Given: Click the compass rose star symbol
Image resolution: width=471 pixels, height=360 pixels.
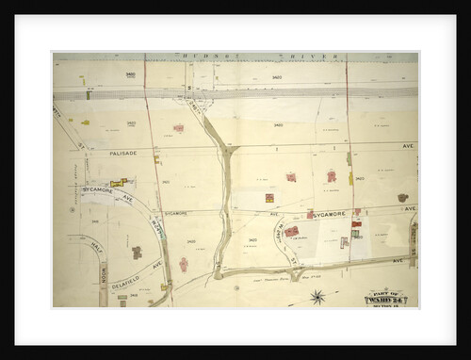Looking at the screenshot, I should point(317,298).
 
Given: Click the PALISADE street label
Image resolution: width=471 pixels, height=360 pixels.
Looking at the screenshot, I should point(122,153).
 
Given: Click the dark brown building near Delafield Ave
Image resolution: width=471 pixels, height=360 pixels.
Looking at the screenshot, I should point(137,253).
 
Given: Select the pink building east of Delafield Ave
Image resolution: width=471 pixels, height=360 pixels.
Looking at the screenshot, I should point(184,265).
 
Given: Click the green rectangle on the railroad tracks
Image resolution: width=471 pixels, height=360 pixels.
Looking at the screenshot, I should point(89,94).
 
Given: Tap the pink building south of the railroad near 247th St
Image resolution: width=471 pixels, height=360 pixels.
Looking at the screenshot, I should point(178,128).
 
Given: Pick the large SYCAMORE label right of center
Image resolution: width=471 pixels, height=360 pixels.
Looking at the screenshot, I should point(330,215).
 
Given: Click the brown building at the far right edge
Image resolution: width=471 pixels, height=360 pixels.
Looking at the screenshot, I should point(403,198).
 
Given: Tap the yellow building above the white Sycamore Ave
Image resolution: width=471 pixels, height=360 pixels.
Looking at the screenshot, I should point(118,182).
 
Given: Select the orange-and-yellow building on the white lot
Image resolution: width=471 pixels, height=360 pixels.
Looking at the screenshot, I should point(269,198).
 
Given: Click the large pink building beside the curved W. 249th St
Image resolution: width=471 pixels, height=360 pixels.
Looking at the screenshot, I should point(292,231).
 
